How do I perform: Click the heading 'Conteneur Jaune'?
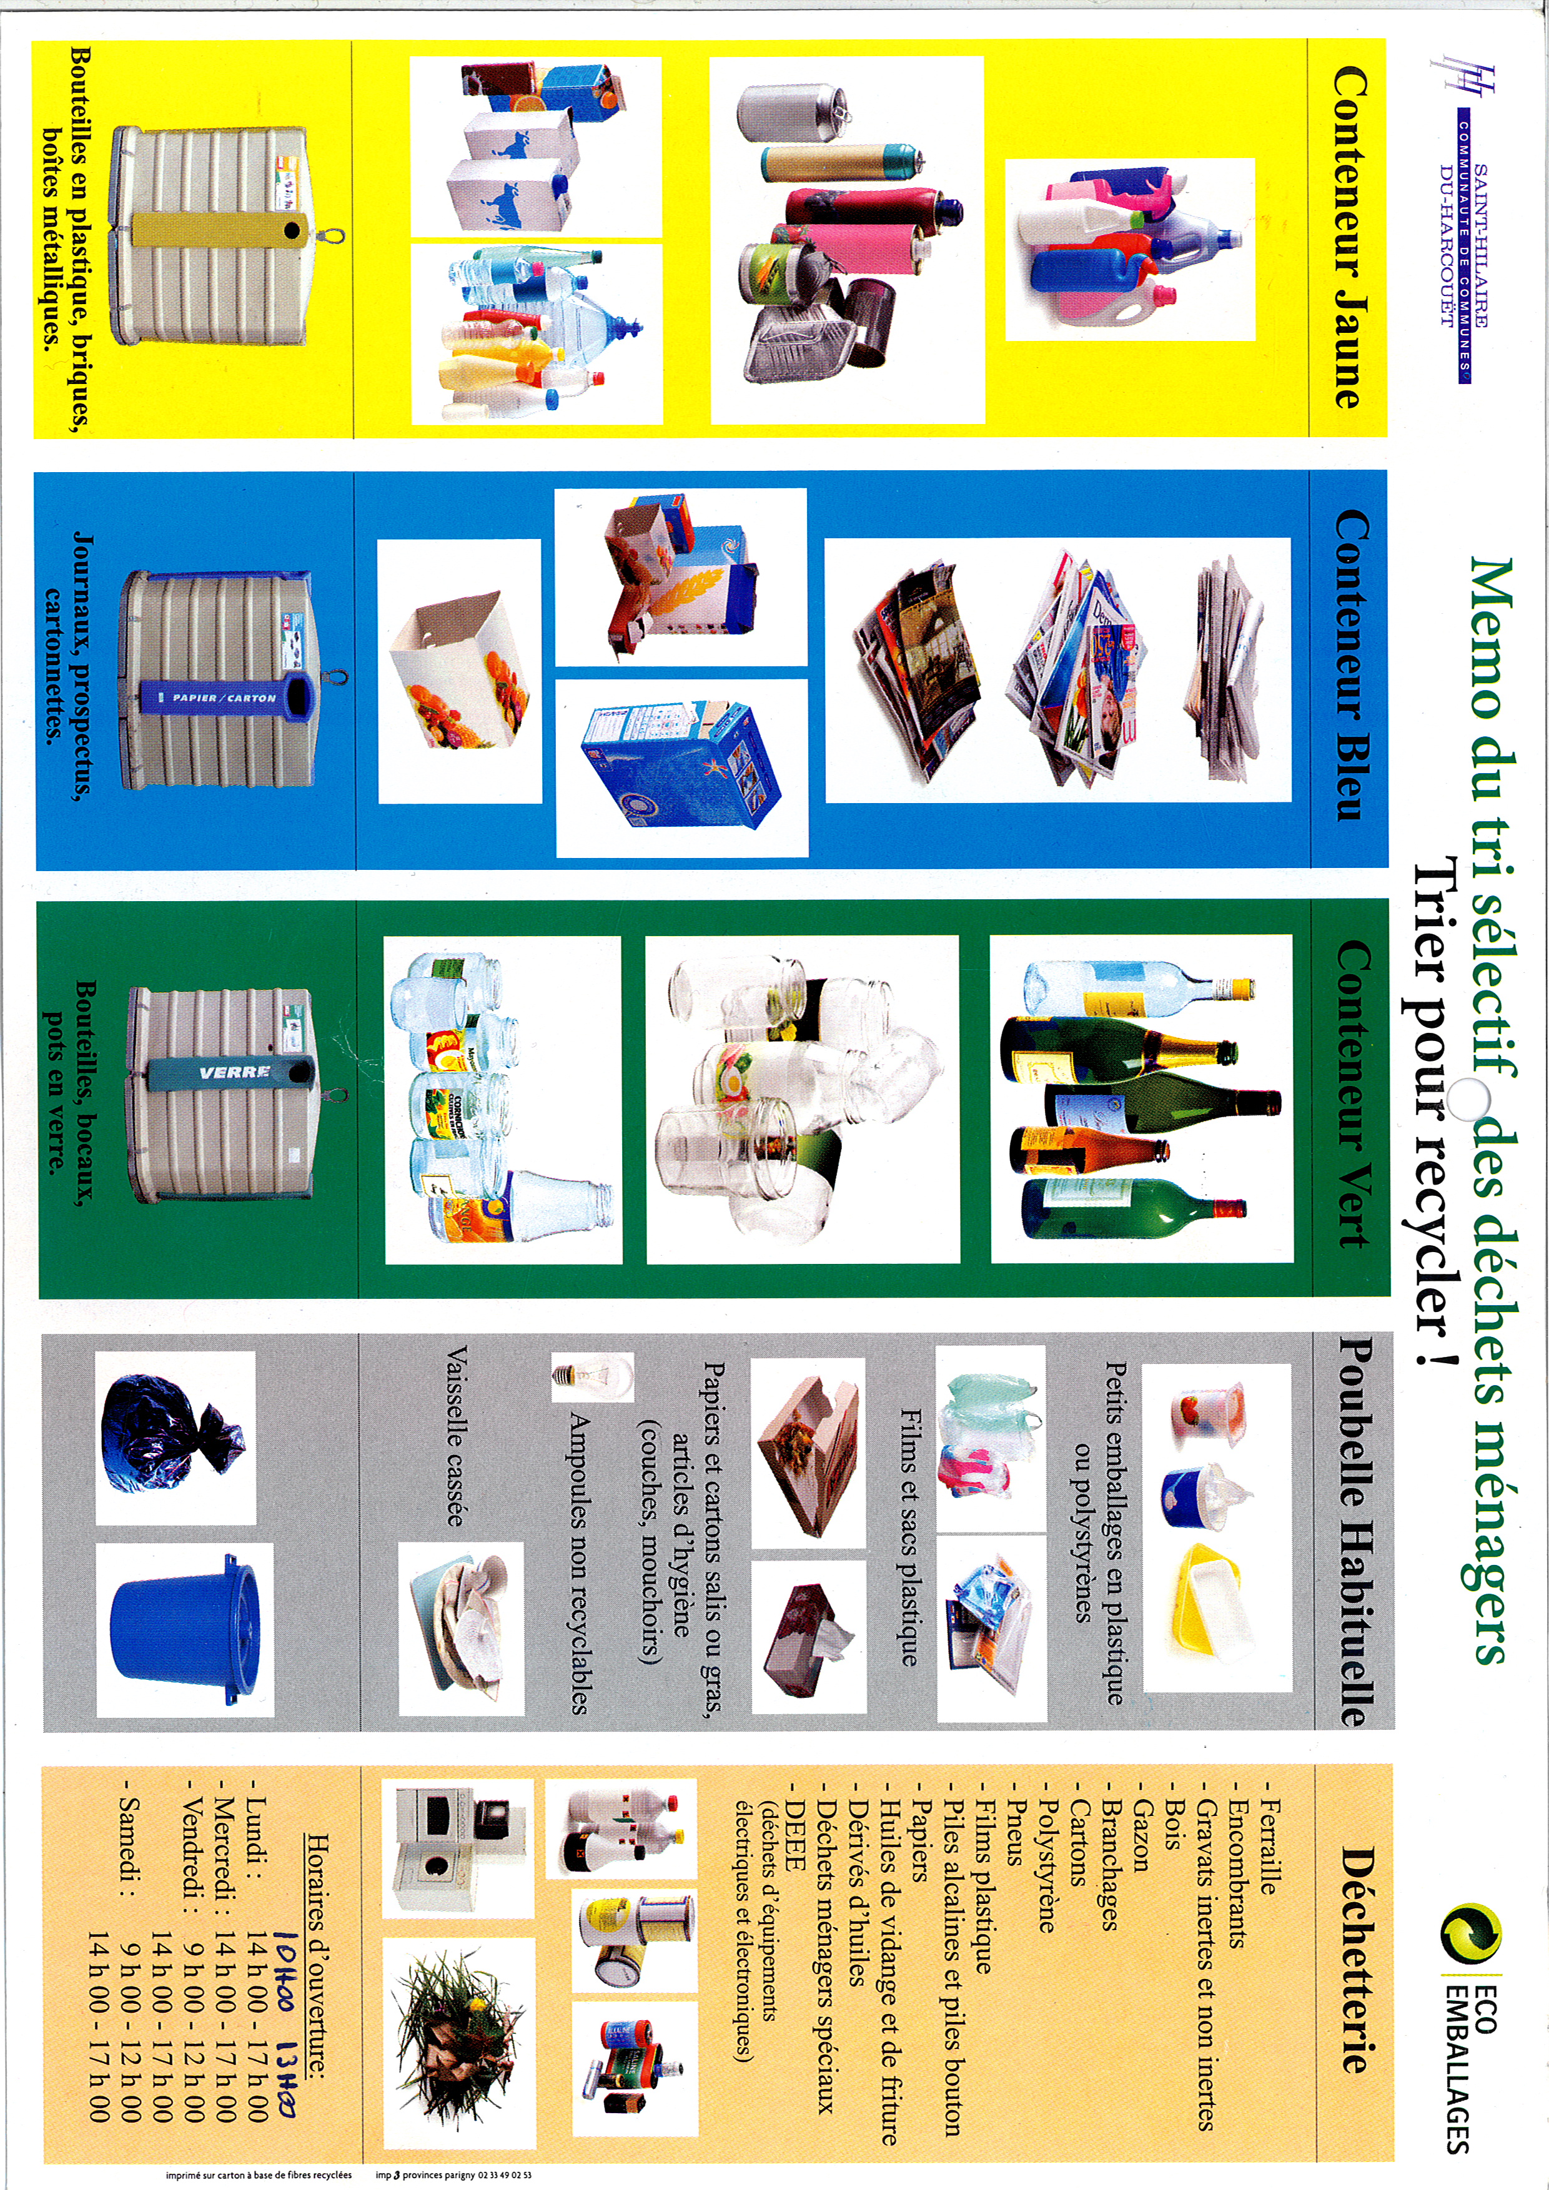(x=1347, y=237)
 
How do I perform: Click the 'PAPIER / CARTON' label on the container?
(x=225, y=698)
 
